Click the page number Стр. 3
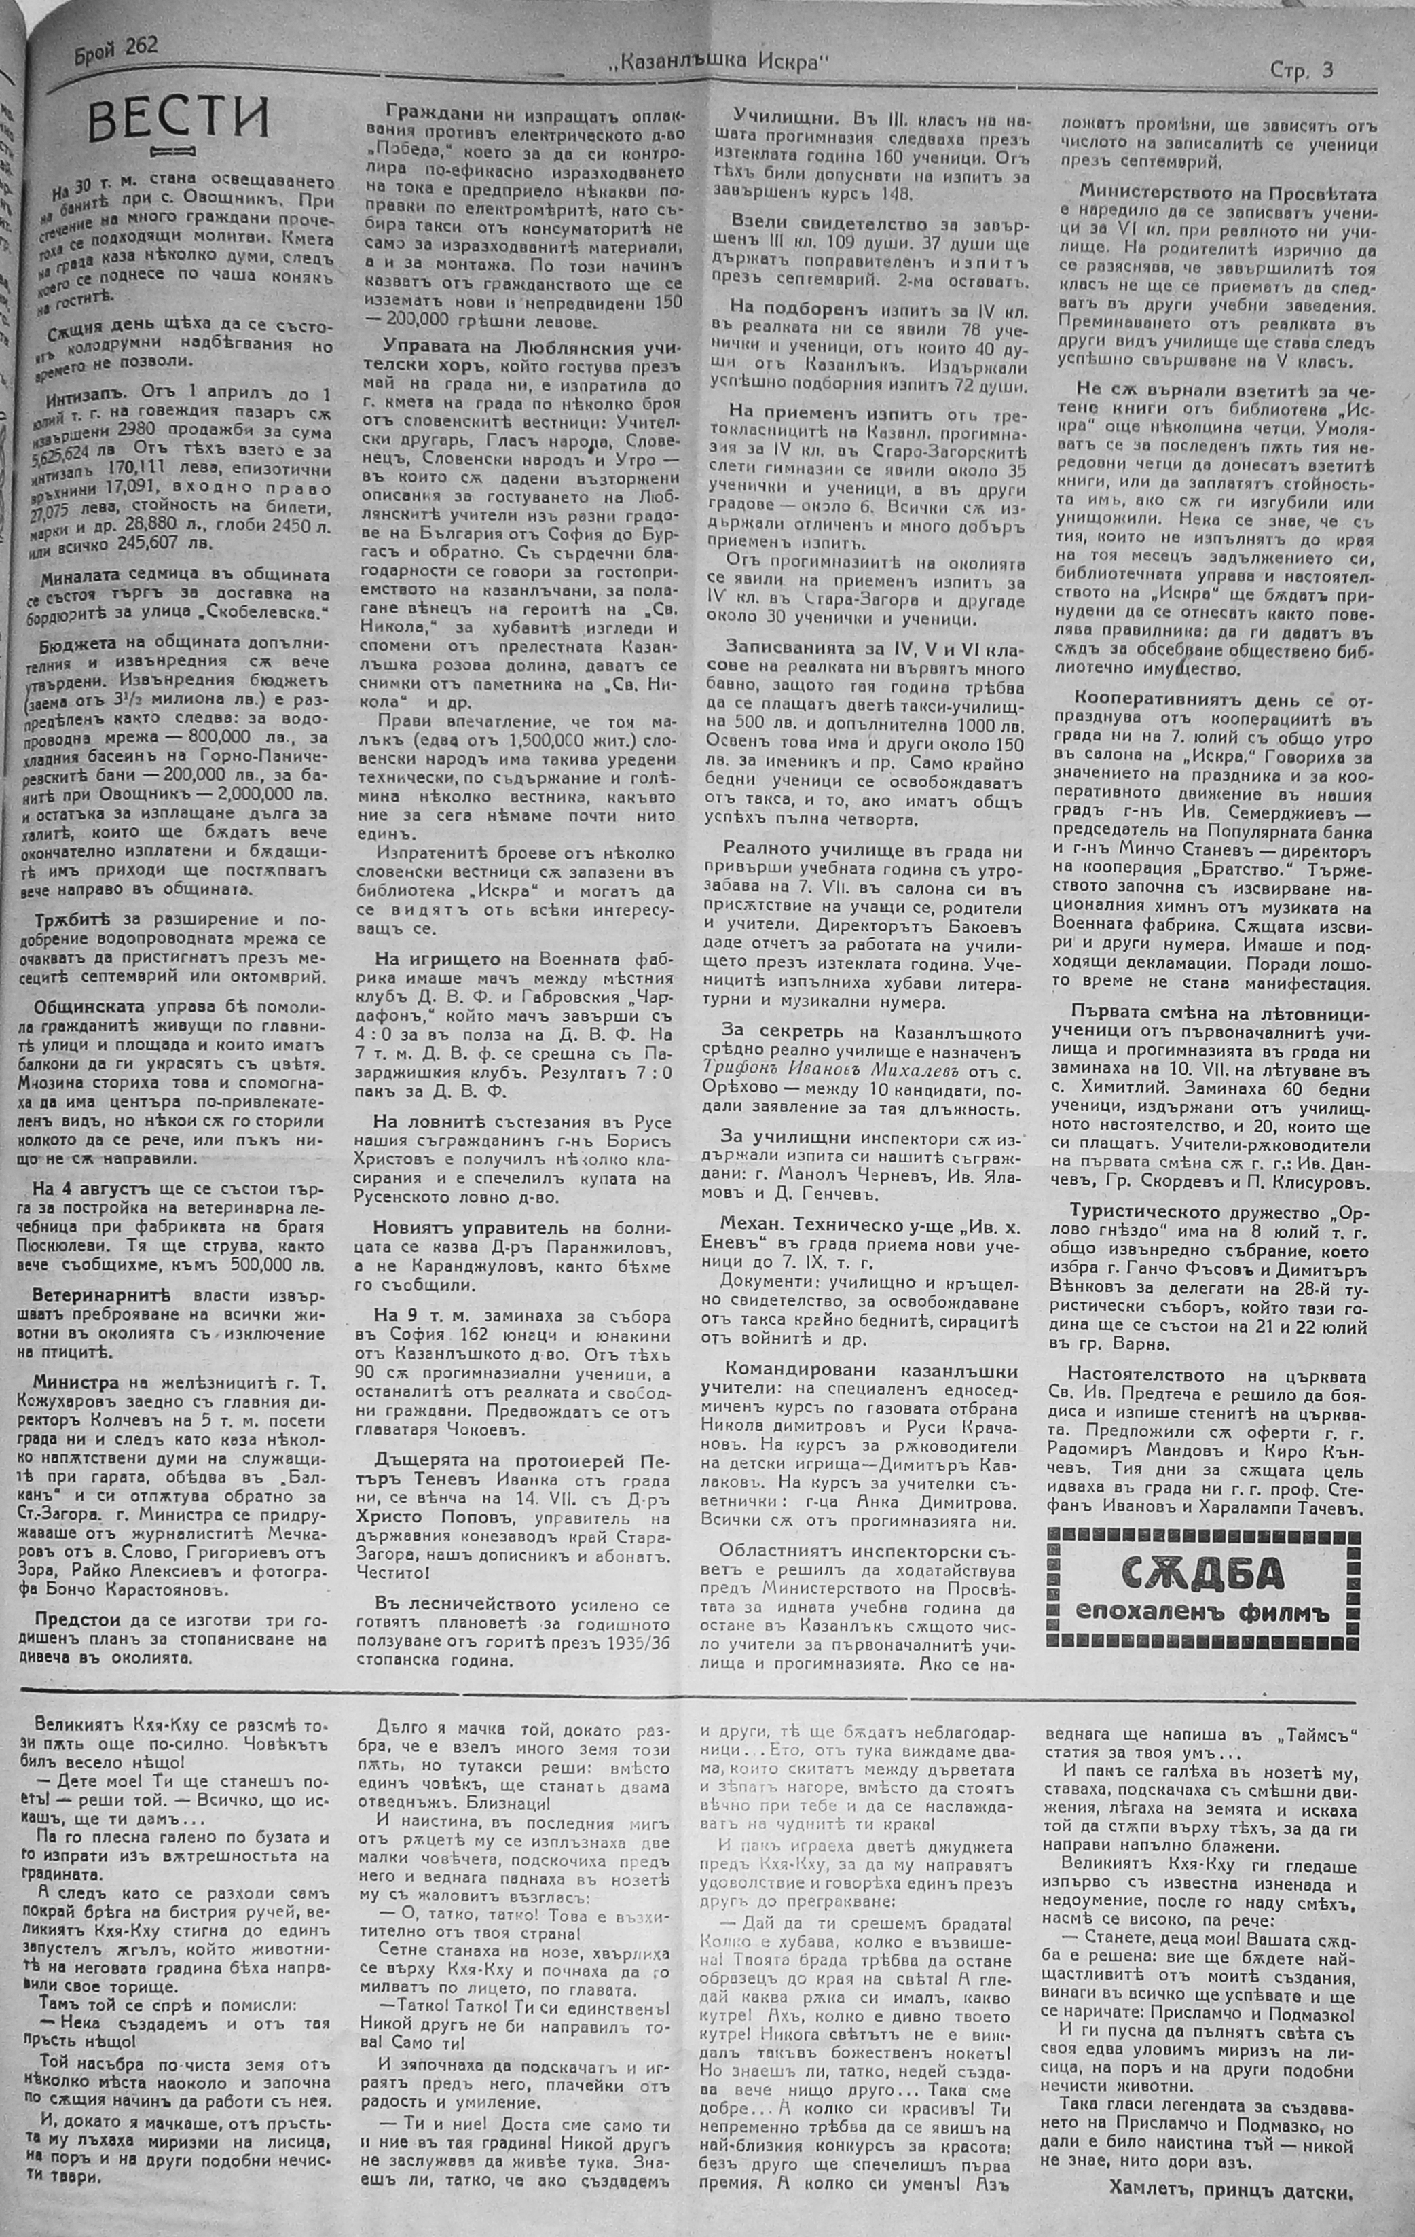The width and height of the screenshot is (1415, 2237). (x=1301, y=71)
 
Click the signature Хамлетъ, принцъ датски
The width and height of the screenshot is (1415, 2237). (x=1230, y=2184)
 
